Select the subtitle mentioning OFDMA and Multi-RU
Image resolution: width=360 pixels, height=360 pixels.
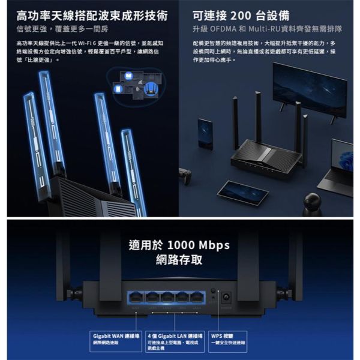click(268, 28)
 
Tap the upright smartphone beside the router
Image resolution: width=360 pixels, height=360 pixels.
click(205, 133)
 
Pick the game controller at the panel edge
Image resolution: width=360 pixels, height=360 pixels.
click(185, 177)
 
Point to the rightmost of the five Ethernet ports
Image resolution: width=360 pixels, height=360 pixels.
click(196, 296)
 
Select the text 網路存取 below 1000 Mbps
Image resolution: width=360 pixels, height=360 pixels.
click(179, 260)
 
